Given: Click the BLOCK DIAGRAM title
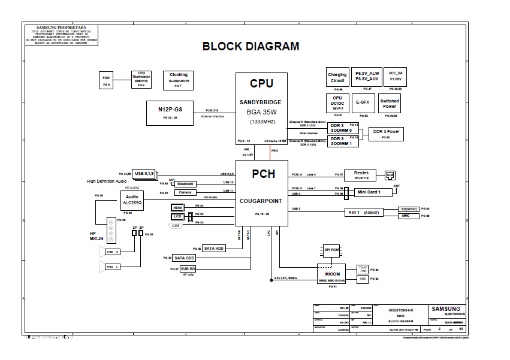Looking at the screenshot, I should coord(250,46).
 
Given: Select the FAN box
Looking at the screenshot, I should coord(106,80).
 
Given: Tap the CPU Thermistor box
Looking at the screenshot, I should coord(141,80).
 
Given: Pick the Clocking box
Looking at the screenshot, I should coord(178,80).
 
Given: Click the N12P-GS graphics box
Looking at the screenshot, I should coord(170,113).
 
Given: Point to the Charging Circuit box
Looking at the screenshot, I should coord(337,80).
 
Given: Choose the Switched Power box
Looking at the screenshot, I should coord(390,104).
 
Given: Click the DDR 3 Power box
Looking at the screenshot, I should coord(386,133).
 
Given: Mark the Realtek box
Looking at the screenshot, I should coord(360,174).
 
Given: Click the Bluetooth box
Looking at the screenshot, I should coord(185,183).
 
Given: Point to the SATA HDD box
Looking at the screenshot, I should coord(214,248).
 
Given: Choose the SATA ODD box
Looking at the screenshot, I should coord(185,258).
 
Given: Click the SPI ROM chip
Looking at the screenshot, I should coord(332,249).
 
